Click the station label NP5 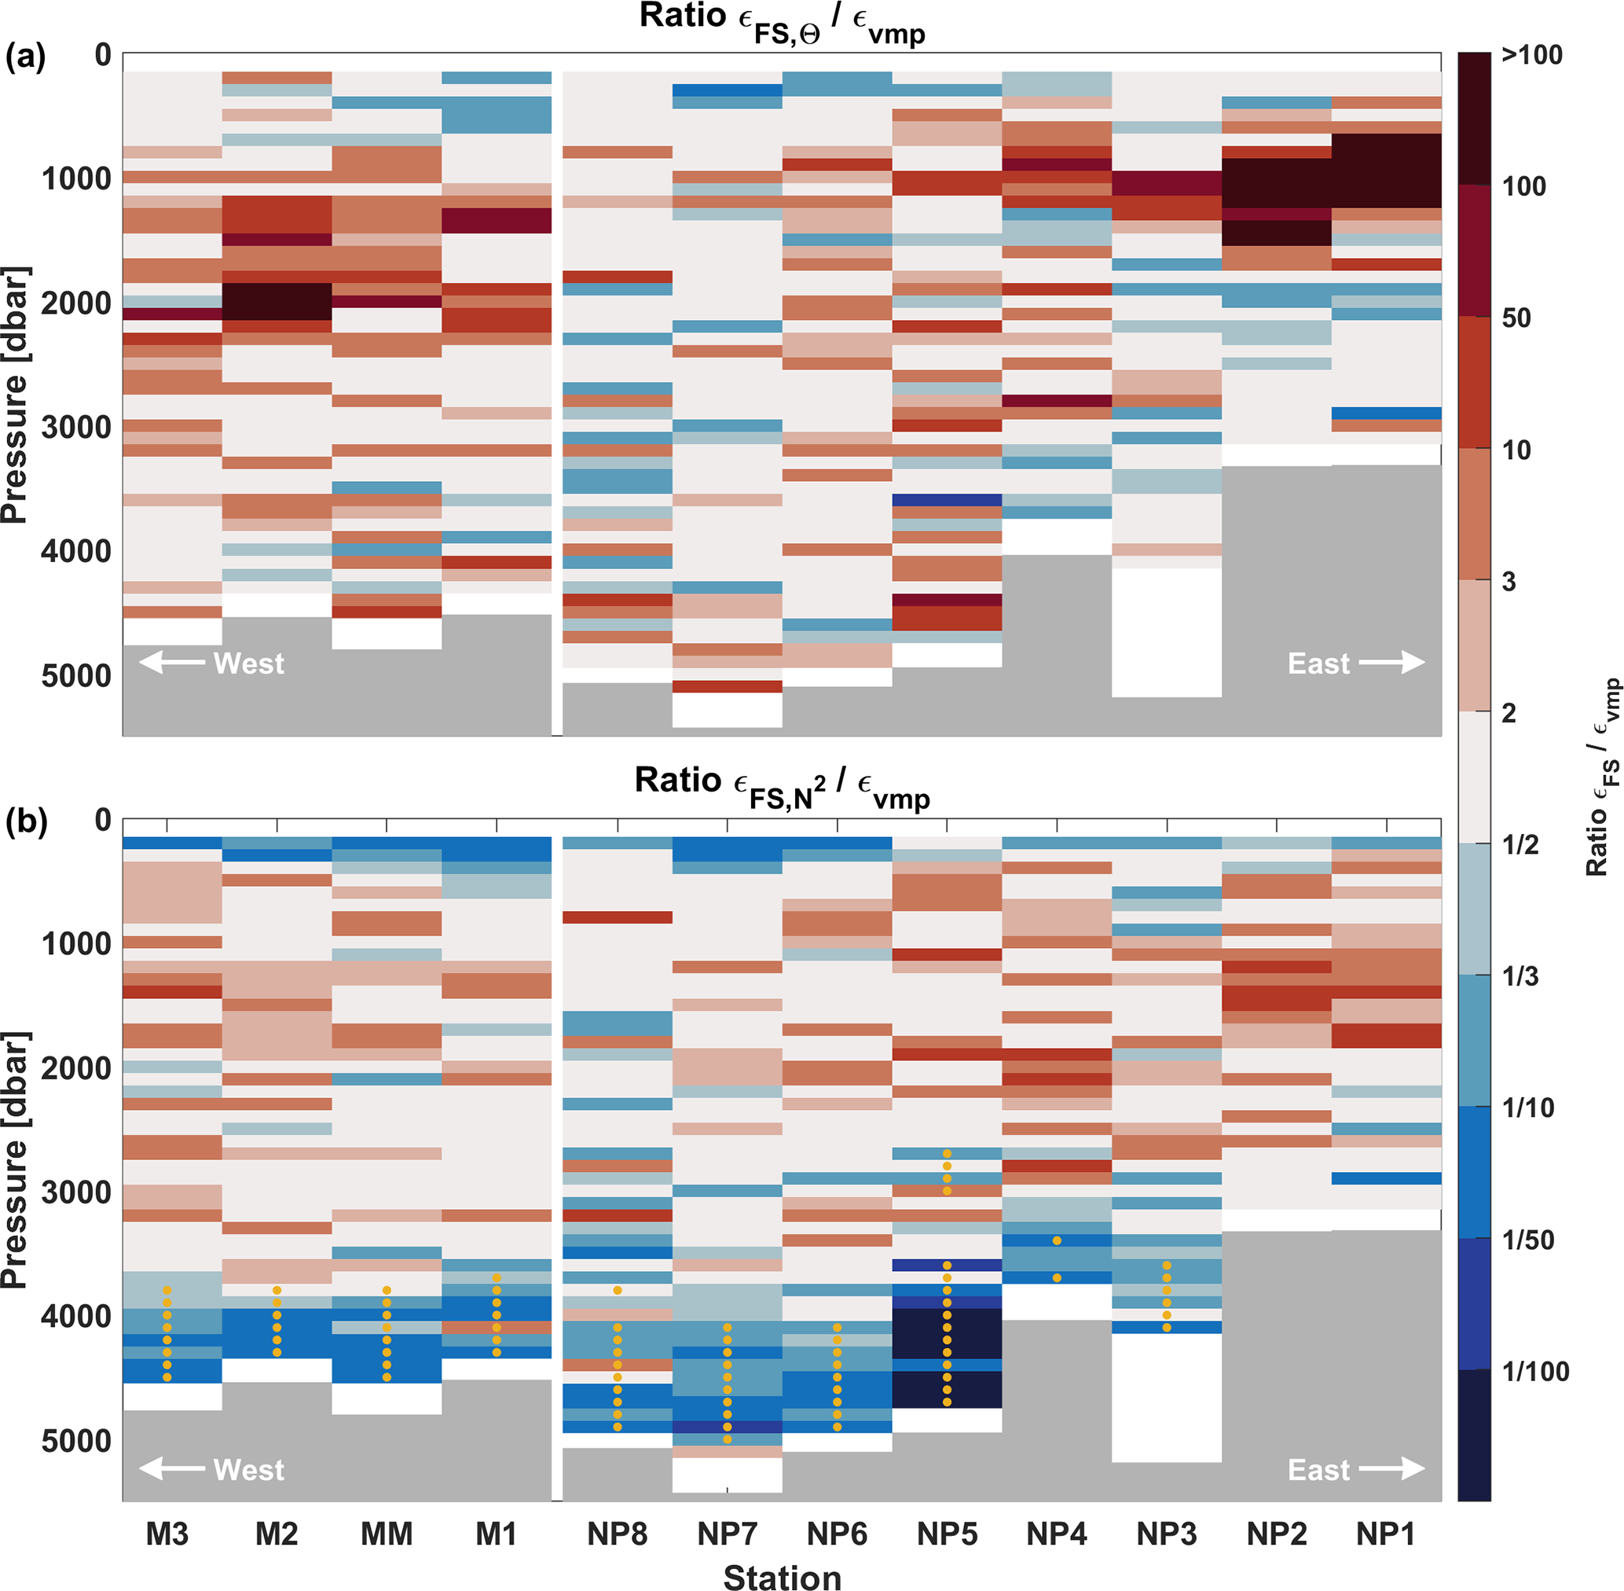pos(947,1534)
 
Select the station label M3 pos(167,1534)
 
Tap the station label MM pos(386,1534)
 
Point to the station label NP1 pos(1385,1534)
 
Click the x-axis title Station pos(782,1576)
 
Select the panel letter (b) pos(25,821)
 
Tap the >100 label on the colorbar pos(1531,55)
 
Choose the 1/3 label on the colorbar pos(1520,976)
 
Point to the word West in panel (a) pos(249,663)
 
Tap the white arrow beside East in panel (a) pos(1391,663)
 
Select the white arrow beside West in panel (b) pos(171,1469)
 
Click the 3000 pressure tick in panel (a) pos(76,427)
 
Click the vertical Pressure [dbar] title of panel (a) pos(15,395)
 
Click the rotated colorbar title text pos(1602,777)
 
